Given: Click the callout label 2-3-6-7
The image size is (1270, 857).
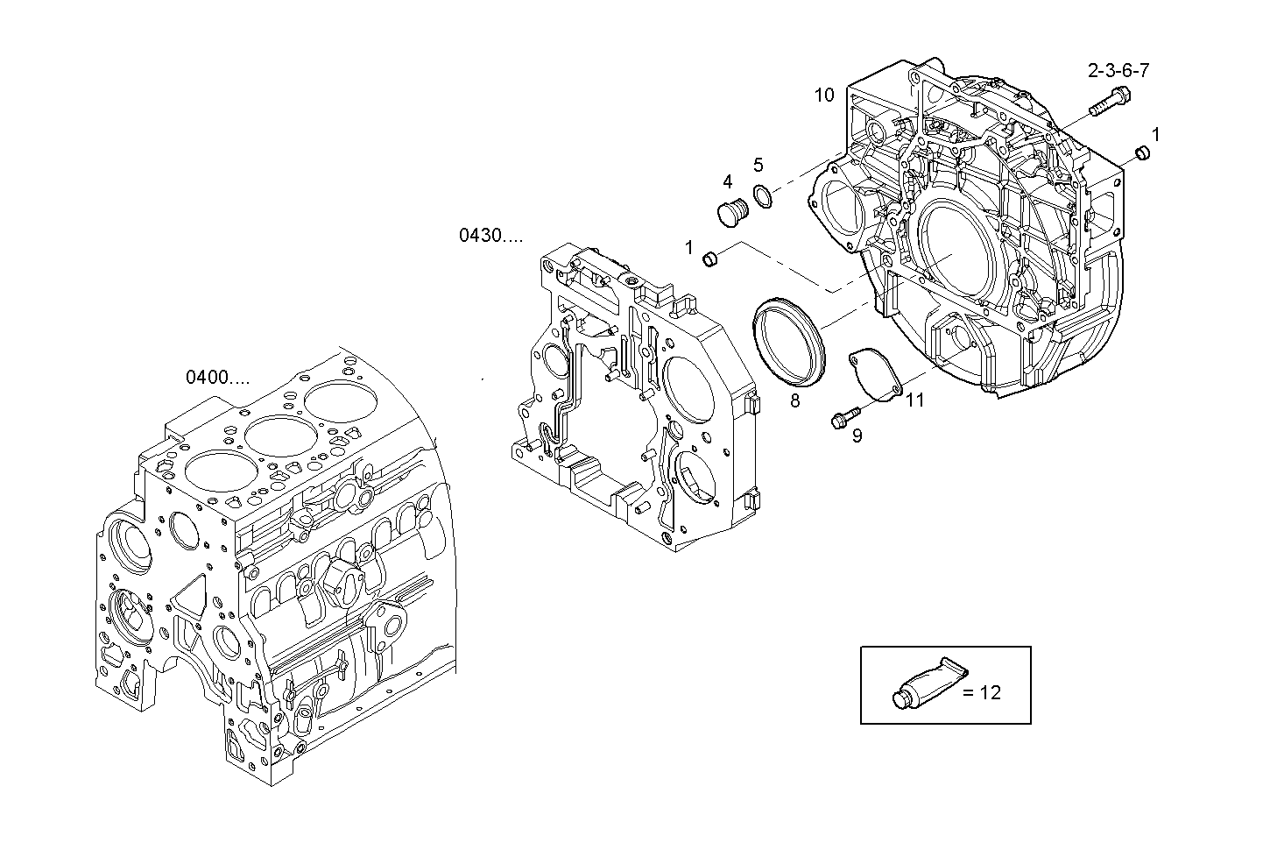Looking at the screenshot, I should [1118, 70].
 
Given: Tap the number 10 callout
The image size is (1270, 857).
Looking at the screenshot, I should [824, 95].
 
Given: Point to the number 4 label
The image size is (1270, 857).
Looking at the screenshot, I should [727, 181].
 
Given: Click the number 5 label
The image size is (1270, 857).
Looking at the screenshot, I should [758, 165].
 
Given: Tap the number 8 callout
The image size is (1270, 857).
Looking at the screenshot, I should [794, 401].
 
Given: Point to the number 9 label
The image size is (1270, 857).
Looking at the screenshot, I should [857, 436].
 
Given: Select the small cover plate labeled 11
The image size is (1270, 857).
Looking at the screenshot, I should [876, 375].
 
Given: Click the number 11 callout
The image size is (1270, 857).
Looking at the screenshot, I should [914, 401].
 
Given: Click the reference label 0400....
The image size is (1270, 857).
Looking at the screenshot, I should [217, 378].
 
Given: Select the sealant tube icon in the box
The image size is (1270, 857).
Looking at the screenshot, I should [927, 683].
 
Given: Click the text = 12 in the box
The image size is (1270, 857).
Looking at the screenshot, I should [981, 692].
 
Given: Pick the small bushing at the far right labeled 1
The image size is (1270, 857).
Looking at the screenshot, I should [1141, 153].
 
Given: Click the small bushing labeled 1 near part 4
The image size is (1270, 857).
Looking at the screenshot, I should [711, 259].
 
